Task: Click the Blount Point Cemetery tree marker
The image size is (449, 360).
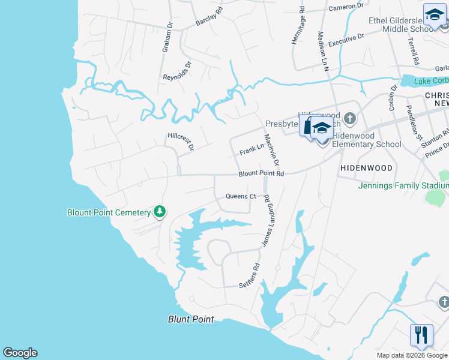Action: click(160, 212)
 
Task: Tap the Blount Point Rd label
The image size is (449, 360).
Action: click(261, 174)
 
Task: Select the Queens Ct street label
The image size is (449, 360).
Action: click(241, 196)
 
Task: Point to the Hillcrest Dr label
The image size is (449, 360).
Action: click(181, 142)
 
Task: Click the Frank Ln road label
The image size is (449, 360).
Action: click(252, 149)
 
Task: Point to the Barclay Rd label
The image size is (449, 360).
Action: click(208, 17)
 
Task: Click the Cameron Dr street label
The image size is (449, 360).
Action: click(346, 7)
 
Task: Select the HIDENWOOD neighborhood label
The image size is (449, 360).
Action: click(366, 168)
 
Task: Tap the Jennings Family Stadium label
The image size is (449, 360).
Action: click(403, 185)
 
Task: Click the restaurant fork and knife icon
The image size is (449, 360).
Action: click(421, 334)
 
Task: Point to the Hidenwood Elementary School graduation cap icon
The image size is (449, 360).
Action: click(322, 129)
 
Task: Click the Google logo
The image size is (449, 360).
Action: click(20, 353)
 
